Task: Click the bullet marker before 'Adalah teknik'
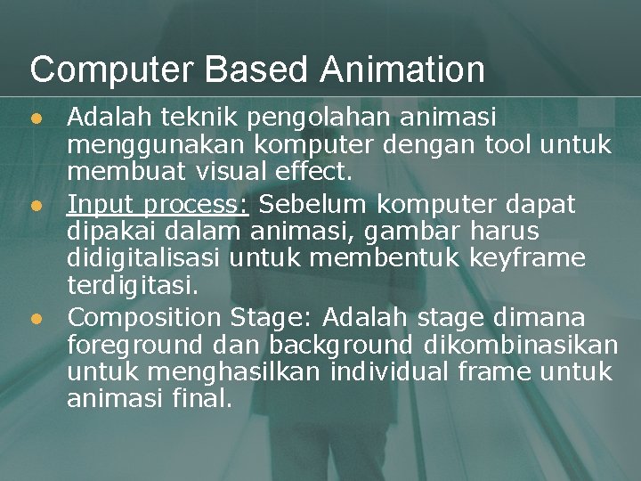[x=36, y=118]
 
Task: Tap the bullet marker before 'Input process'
[x=36, y=205]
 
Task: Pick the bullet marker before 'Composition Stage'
[x=36, y=318]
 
